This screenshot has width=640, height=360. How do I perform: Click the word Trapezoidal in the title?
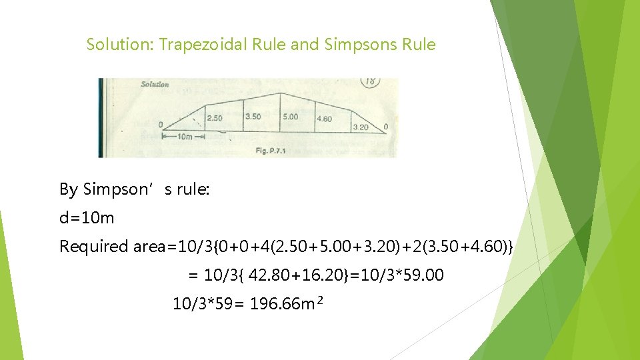click(213, 45)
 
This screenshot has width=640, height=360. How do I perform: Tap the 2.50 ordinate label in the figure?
click(215, 118)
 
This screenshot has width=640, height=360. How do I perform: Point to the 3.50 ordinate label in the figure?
click(253, 117)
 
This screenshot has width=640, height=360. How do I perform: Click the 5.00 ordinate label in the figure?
click(289, 117)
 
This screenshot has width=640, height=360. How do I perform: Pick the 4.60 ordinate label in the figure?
click(324, 119)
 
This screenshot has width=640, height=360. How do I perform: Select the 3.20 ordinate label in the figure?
click(360, 127)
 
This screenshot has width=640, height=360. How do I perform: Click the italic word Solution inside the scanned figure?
click(155, 84)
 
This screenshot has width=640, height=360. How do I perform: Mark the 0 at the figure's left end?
click(160, 125)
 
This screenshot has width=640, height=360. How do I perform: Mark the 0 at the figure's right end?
click(386, 127)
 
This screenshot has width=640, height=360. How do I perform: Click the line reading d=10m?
click(87, 218)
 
